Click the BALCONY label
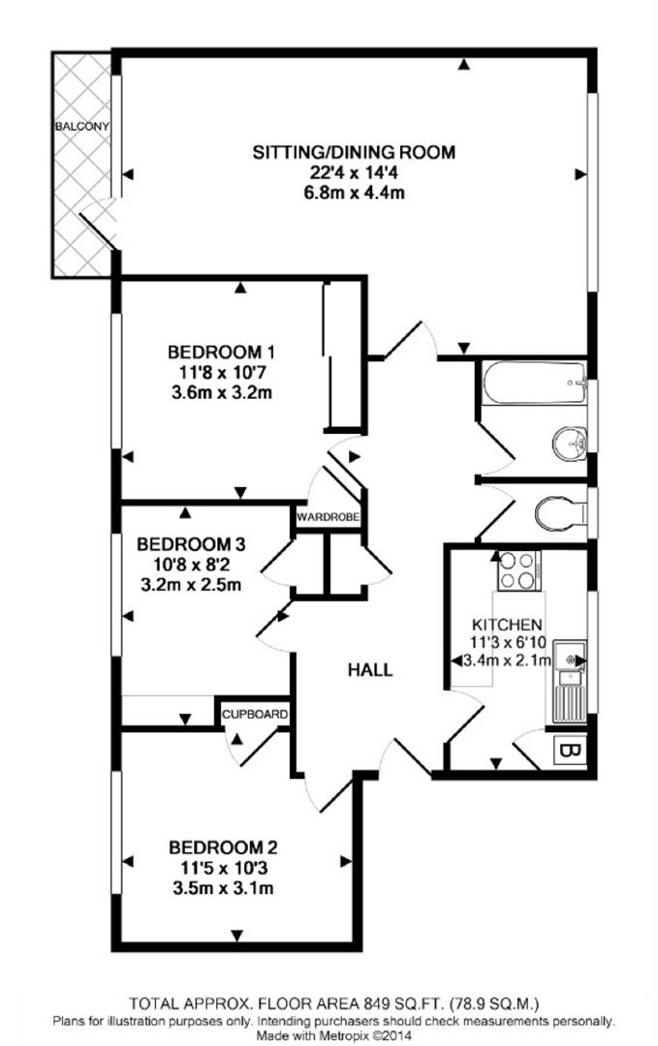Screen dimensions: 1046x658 tap(82, 127)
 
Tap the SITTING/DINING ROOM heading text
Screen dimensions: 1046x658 tap(354, 152)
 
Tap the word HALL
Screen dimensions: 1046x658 tap(371, 668)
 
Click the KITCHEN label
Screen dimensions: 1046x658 tap(507, 625)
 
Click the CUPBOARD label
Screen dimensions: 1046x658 tap(255, 715)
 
